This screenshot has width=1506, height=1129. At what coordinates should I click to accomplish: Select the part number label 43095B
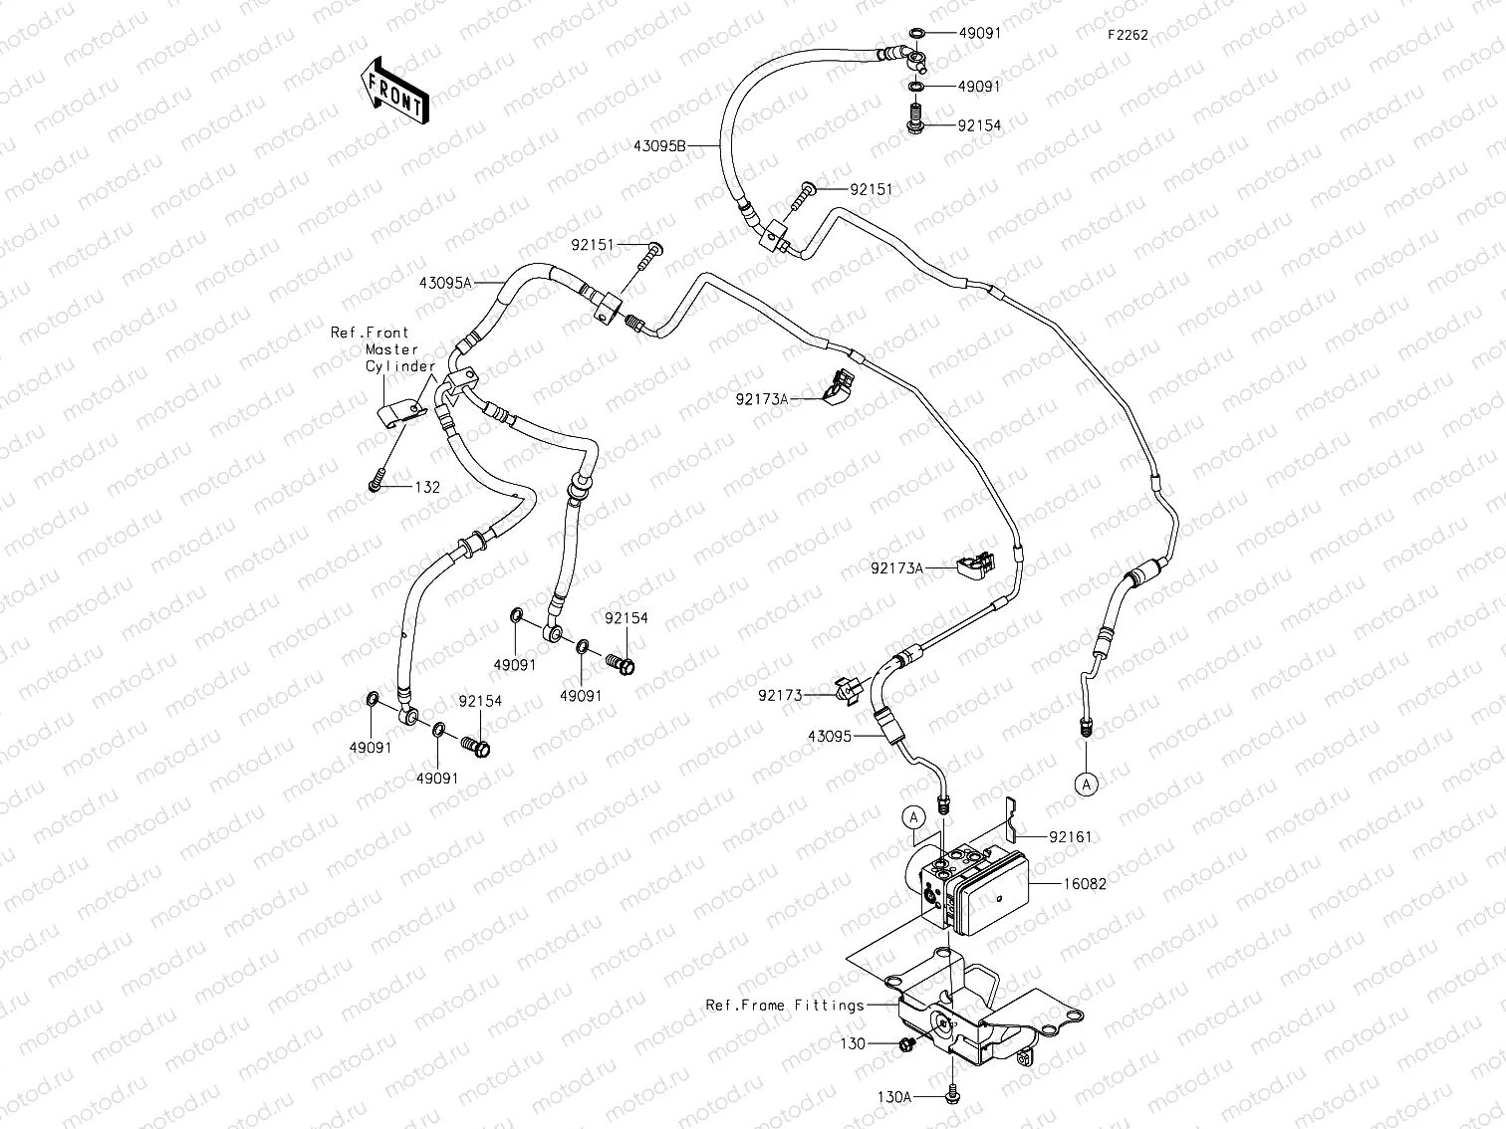coord(659,145)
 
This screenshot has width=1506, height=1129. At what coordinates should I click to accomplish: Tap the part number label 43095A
coord(444,283)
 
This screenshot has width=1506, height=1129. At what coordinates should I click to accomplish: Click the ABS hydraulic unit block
coord(971,886)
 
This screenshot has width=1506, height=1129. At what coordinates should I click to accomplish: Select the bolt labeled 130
coord(907,1043)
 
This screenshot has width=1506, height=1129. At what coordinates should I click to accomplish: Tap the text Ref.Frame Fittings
coord(785,1006)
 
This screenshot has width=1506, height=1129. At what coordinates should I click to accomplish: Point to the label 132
coord(427,487)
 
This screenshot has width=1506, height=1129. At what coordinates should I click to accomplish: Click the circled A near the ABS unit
coord(914,817)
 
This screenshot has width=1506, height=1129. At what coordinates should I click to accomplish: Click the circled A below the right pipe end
coord(1087,784)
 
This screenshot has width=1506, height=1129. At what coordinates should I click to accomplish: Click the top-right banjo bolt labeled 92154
coord(913,123)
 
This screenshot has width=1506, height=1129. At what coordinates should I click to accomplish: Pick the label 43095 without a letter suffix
coord(831,737)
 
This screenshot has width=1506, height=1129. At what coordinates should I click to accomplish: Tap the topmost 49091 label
coord(979,33)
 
